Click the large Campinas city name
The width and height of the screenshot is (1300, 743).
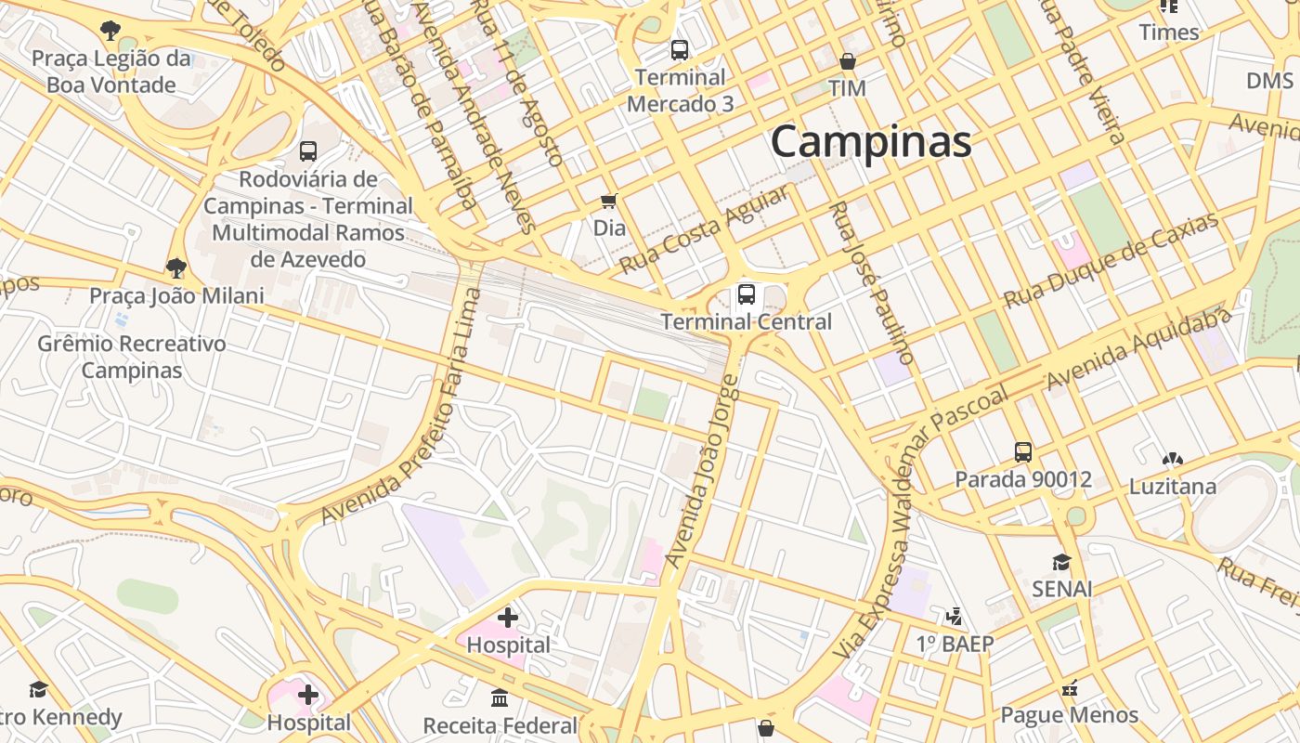pos(871,142)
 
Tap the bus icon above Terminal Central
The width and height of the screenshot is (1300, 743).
pos(746,295)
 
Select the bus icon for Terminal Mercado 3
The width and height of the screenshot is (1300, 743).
pos(680,50)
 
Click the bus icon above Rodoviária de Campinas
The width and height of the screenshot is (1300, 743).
pos(308,150)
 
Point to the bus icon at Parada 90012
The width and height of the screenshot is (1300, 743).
pos(1022,452)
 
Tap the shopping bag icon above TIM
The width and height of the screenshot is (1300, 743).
pos(847,62)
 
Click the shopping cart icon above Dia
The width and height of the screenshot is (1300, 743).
pos(609,201)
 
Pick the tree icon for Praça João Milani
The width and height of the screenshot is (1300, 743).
pos(175,269)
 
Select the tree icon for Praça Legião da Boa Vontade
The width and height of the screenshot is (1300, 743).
pos(110,31)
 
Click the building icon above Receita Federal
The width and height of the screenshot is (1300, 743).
pos(500,697)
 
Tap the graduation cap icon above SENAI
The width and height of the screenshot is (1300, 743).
pos(1061,562)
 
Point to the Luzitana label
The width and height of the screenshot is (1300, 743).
pos(1172,487)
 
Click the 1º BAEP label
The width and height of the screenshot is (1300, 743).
pos(955,644)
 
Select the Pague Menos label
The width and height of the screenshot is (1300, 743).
pos(1069,714)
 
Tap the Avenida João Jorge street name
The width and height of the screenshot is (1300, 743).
pos(703,471)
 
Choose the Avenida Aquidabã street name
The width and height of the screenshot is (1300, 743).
pos(1138,348)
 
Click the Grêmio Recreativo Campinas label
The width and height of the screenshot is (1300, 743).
pos(131,357)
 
